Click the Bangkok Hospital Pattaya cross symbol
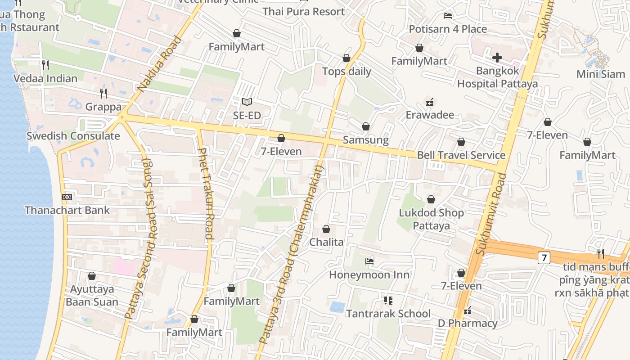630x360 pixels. (497, 57)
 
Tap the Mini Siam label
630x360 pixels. (601, 74)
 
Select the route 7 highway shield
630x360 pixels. (544, 258)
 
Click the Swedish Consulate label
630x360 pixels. (73, 136)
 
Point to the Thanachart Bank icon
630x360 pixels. (67, 197)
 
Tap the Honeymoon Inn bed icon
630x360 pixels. (369, 261)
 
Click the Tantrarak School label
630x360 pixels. (388, 314)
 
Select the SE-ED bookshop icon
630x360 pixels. (247, 102)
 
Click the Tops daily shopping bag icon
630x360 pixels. (346, 58)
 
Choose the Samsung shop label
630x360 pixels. (366, 140)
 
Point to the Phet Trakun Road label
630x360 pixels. (205, 193)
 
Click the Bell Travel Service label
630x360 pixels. (461, 155)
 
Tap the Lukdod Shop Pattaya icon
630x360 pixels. (431, 199)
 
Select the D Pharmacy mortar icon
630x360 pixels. (468, 310)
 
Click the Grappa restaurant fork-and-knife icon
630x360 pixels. (103, 93)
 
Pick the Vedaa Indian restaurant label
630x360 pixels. (45, 78)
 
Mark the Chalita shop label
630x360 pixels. (326, 242)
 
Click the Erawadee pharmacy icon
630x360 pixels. (430, 102)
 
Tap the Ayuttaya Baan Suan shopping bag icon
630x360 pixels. (92, 276)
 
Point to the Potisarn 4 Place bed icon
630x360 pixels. (448, 15)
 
